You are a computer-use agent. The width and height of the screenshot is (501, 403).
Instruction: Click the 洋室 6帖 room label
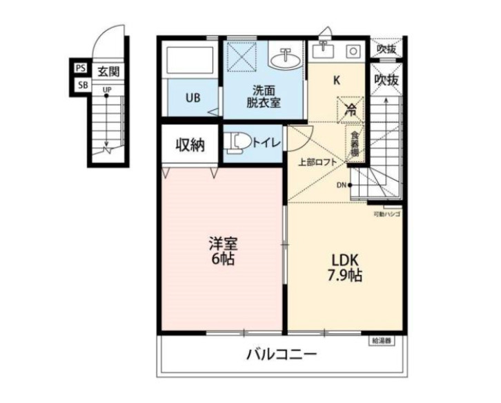[x=224, y=252]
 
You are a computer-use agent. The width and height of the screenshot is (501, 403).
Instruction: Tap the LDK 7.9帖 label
[x=345, y=267]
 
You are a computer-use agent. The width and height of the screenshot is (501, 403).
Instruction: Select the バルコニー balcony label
[x=282, y=356]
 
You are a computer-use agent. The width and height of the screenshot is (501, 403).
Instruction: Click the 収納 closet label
[x=188, y=144]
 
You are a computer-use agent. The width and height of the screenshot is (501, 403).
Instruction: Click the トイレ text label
[x=266, y=143]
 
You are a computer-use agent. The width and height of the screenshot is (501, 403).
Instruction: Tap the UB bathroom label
[x=192, y=97]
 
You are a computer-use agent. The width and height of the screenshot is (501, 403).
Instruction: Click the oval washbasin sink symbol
[x=284, y=61]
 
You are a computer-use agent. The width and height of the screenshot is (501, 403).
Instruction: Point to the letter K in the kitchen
[x=337, y=80]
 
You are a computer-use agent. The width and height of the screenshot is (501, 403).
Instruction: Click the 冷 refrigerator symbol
[x=350, y=109]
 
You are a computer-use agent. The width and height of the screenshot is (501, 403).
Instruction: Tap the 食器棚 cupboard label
[x=355, y=144]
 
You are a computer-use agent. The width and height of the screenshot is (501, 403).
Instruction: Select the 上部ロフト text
[x=317, y=162]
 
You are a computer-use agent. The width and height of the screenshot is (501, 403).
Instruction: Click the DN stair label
[x=342, y=185]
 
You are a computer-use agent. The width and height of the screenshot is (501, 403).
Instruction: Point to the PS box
[x=81, y=68]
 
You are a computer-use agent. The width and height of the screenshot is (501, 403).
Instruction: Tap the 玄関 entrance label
[x=106, y=71]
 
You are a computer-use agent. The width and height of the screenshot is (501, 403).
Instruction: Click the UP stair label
[x=107, y=89]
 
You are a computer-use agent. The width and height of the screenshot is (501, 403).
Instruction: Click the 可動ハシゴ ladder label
[x=387, y=214]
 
